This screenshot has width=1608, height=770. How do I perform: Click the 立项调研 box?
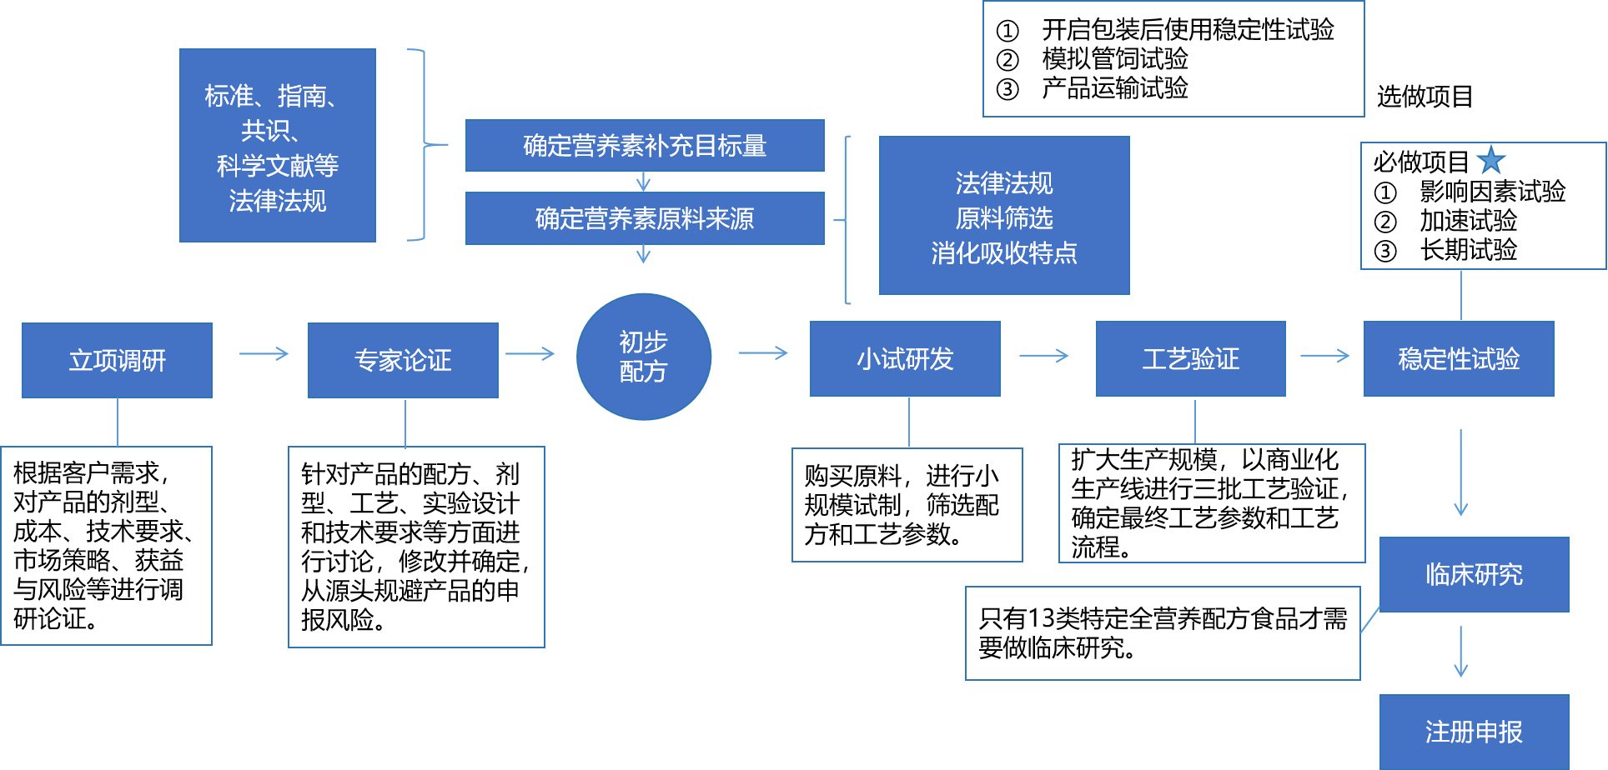(x=117, y=360)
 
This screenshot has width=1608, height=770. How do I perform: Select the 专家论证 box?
(x=403, y=360)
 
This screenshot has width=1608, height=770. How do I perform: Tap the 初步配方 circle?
(x=643, y=357)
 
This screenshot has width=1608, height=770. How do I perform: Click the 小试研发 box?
(x=905, y=358)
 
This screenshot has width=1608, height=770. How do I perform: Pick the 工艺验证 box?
(x=1190, y=358)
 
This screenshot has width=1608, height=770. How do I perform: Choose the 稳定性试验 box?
(x=1459, y=358)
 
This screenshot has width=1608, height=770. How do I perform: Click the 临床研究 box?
(x=1474, y=574)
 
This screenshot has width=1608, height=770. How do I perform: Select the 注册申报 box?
(x=1474, y=732)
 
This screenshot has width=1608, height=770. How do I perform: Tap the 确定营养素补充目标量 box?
(x=645, y=146)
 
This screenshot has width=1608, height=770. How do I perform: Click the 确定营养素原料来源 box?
(x=645, y=218)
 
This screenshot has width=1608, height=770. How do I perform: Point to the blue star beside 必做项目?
(x=1491, y=160)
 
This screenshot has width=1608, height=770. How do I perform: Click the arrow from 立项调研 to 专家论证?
(x=264, y=354)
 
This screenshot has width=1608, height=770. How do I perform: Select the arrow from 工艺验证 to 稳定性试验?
(x=1324, y=356)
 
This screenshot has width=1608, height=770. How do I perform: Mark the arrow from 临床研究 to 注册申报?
(x=1460, y=652)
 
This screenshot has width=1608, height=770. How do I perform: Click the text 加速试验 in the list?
(x=1468, y=221)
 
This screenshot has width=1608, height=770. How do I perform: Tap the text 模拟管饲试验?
(x=1114, y=59)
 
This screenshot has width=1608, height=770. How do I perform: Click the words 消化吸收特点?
(x=1004, y=252)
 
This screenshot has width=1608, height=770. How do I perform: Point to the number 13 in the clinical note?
(x=1042, y=619)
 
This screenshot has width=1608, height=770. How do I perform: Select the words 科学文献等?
(x=278, y=166)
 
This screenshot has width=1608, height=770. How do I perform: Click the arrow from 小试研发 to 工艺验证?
(x=1043, y=356)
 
